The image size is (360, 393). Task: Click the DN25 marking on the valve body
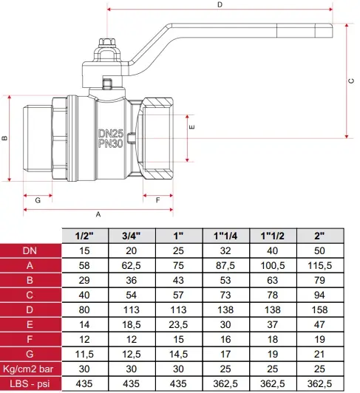pyautogui.click(x=111, y=133)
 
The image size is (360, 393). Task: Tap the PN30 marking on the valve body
pyautogui.click(x=111, y=143)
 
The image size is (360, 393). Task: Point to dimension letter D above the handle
pyautogui.click(x=220, y=4)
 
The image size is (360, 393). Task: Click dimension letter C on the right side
pyautogui.click(x=351, y=81)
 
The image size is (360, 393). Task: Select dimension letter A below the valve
pyautogui.click(x=98, y=214)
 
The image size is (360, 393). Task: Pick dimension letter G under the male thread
pyautogui.click(x=38, y=200)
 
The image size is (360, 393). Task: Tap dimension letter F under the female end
pyautogui.click(x=157, y=200)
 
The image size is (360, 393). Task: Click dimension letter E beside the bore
pyautogui.click(x=191, y=127)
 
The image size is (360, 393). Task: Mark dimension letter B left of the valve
pyautogui.click(x=4, y=138)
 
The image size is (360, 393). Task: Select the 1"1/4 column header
pyautogui.click(x=225, y=236)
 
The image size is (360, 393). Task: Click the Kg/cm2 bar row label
pyautogui.click(x=28, y=369)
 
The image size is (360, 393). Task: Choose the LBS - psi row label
pyautogui.click(x=30, y=383)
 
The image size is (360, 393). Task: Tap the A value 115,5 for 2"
pyautogui.click(x=319, y=265)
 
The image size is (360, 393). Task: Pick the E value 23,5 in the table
pyautogui.click(x=178, y=324)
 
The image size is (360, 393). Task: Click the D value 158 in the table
pyautogui.click(x=319, y=310)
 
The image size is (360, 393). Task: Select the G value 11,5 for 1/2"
pyautogui.click(x=84, y=354)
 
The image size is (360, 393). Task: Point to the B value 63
pyautogui.click(x=273, y=280)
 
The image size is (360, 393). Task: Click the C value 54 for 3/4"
pyautogui.click(x=131, y=295)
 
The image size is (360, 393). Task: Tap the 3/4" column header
pyautogui.click(x=131, y=236)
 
